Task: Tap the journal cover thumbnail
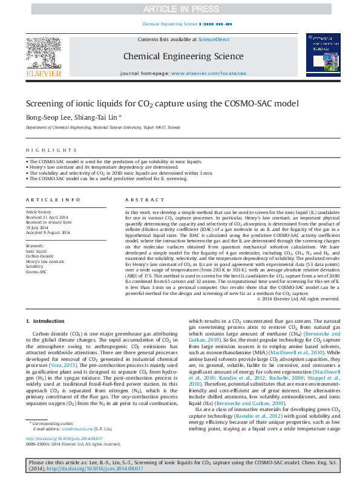pos(321,56)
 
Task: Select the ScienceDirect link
pos(214,39)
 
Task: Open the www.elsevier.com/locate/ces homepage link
pos(209,73)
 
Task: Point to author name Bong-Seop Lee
pos(47,117)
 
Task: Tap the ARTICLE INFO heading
pos(53,199)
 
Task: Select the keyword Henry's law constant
pos(45,261)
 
